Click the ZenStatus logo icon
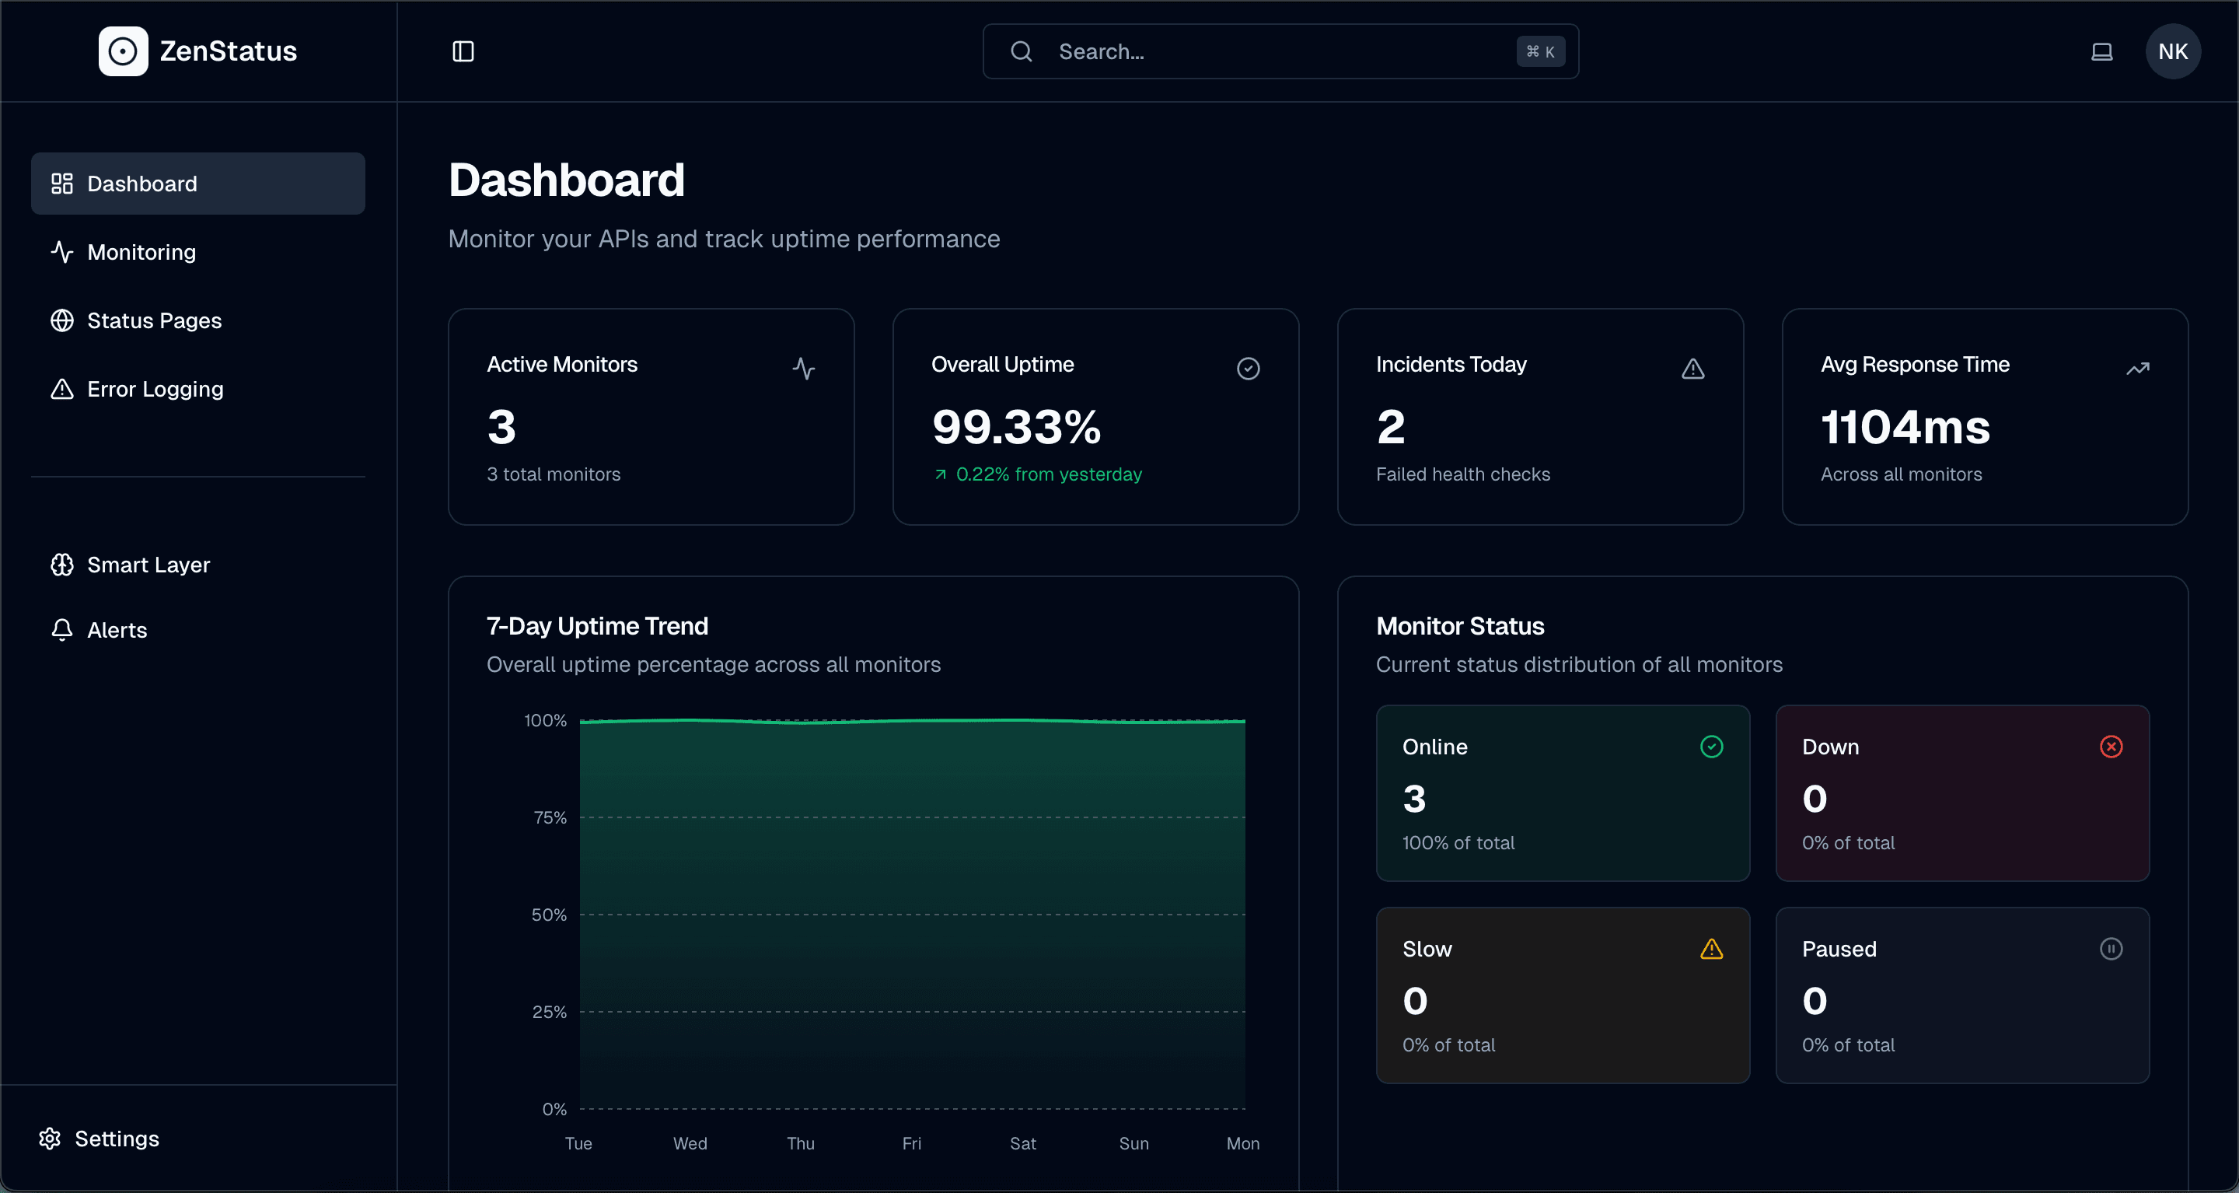(123, 51)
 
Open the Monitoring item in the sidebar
(141, 252)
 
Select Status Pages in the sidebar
(154, 321)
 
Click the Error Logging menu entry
(155, 390)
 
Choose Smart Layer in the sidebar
(148, 565)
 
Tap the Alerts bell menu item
(117, 631)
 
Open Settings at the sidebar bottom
(117, 1139)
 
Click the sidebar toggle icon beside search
(463, 51)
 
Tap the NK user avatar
(2173, 51)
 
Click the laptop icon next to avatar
(2101, 51)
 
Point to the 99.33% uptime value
(1016, 428)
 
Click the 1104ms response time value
(1905, 428)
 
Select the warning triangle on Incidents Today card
(1693, 369)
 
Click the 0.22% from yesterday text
(1048, 474)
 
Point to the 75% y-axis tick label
(550, 818)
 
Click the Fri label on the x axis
(912, 1144)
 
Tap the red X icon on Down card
(2112, 747)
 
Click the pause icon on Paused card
(2112, 949)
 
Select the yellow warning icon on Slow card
(1711, 949)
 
